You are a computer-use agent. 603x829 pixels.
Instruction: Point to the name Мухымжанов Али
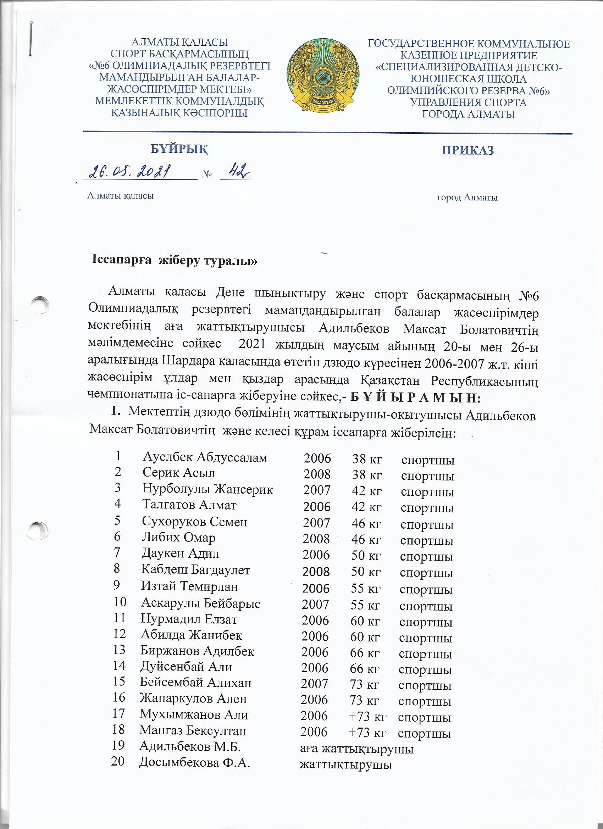(193, 714)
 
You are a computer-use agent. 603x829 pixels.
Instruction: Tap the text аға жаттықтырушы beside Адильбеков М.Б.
(356, 746)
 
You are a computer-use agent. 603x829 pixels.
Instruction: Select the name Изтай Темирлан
(189, 586)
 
